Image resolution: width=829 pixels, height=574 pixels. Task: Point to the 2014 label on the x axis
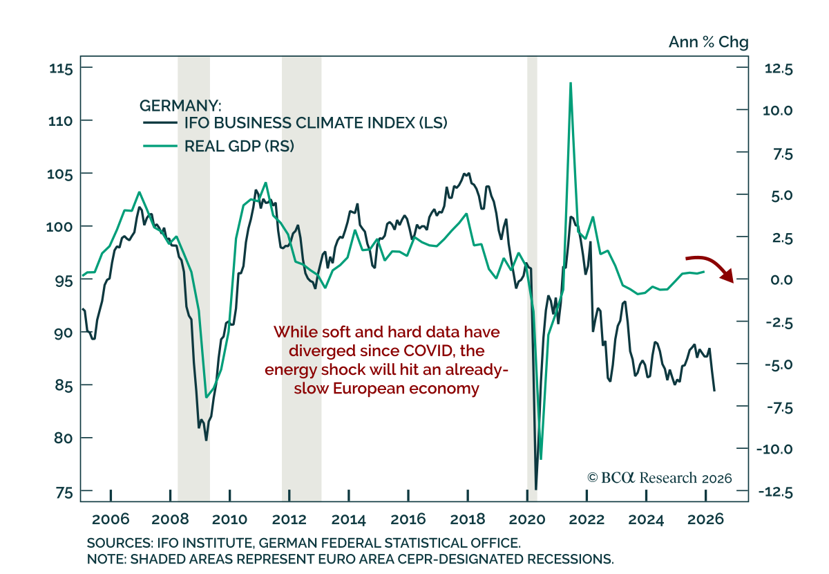(x=348, y=519)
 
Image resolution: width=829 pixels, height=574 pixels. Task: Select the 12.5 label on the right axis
(x=779, y=69)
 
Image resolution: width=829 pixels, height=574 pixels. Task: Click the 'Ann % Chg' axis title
(x=708, y=42)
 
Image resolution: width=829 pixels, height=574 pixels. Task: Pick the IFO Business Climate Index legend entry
(x=295, y=122)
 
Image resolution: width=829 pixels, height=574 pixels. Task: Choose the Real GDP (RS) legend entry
(x=218, y=146)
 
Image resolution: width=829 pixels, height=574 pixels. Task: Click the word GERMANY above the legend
(x=178, y=106)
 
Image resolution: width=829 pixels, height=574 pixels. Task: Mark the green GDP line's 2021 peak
(x=571, y=83)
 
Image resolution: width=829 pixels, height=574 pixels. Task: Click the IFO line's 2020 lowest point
(x=536, y=489)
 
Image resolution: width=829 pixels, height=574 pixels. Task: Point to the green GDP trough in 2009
(x=206, y=397)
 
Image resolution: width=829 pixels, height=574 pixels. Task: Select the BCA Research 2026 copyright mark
(x=660, y=478)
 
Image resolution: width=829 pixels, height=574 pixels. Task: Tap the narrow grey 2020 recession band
(x=532, y=279)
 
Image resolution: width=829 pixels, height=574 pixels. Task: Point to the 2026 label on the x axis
(x=705, y=519)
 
